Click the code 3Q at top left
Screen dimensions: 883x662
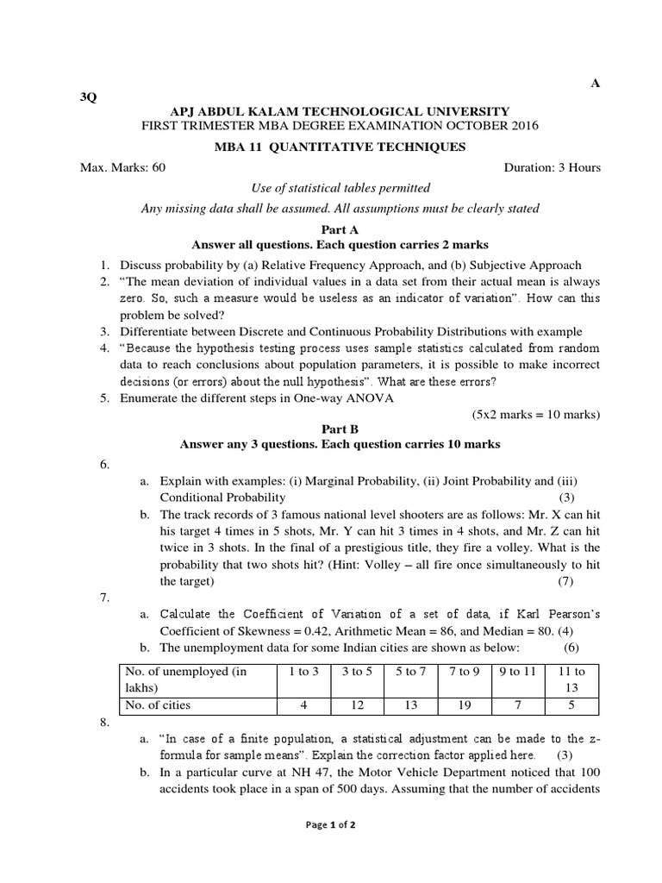tap(88, 97)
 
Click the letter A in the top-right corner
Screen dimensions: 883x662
tap(594, 83)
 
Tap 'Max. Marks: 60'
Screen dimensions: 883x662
tap(122, 167)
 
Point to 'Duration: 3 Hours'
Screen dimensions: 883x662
tap(552, 167)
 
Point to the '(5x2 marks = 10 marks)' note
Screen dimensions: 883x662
tap(534, 414)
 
